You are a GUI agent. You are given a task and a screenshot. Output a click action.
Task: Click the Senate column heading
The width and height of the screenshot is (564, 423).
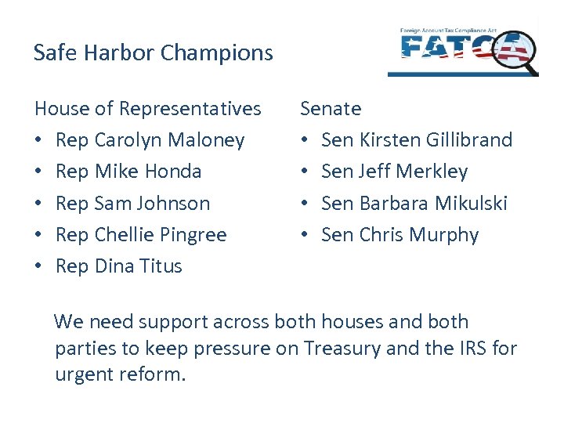pyautogui.click(x=331, y=109)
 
